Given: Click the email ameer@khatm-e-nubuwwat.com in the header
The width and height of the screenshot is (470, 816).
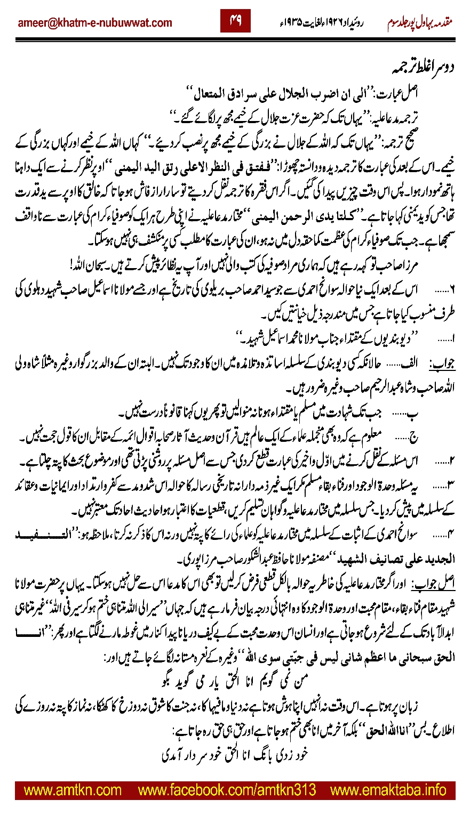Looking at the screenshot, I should point(95,23).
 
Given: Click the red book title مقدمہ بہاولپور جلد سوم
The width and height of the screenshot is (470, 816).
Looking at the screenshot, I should point(421,23).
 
